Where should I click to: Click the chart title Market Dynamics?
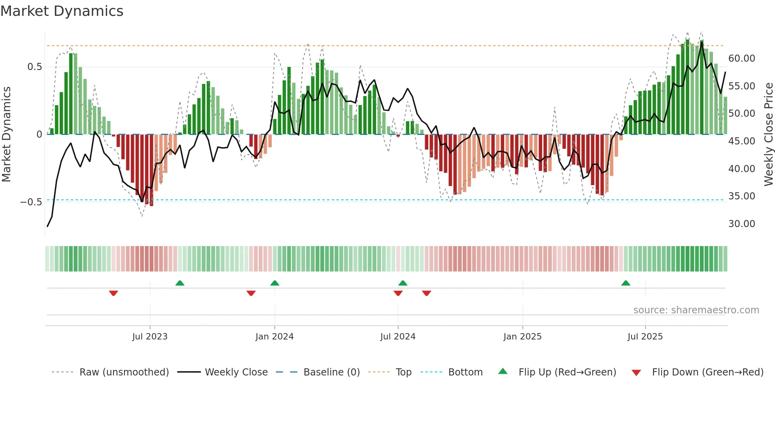62,11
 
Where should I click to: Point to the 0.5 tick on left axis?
35,67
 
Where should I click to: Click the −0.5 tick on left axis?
31,202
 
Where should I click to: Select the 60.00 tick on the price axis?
741,59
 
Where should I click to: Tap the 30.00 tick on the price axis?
741,224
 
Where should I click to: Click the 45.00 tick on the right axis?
741,141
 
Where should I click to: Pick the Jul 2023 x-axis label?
150,337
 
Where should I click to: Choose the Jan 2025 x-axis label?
522,337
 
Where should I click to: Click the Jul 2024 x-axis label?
398,337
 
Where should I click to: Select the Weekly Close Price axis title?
768,135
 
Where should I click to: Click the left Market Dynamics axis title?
7,135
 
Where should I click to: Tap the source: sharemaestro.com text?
696,310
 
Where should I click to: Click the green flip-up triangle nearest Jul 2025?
626,283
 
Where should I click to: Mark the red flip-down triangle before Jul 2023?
113,293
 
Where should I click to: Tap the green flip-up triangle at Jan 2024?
275,283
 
